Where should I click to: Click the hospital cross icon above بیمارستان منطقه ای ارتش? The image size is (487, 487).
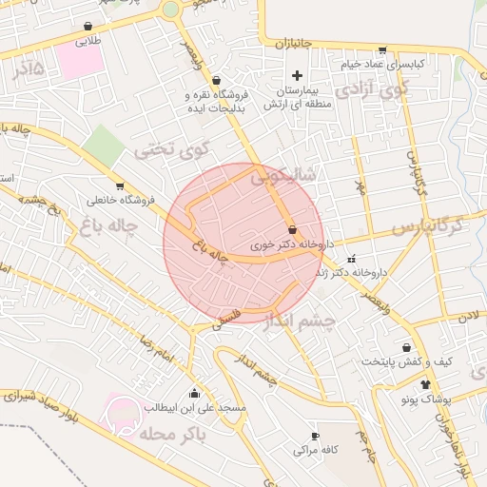pos(297,75)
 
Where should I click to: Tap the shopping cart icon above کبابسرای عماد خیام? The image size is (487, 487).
pos(382,49)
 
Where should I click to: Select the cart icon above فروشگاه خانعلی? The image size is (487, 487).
pos(120,186)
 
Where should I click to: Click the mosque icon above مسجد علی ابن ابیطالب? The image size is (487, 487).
pos(195,393)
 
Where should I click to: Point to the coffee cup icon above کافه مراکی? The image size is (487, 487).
pos(315,436)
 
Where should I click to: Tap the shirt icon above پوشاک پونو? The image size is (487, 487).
pos(424,383)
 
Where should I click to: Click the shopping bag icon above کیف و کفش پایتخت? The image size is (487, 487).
pos(407,348)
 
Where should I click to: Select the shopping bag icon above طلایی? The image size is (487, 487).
pos(88,27)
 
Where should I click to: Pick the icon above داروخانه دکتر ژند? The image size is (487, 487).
pos(352,259)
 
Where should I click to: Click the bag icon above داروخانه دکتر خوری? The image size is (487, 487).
pos(292,229)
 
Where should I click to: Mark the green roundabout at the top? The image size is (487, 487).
pos(170,10)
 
